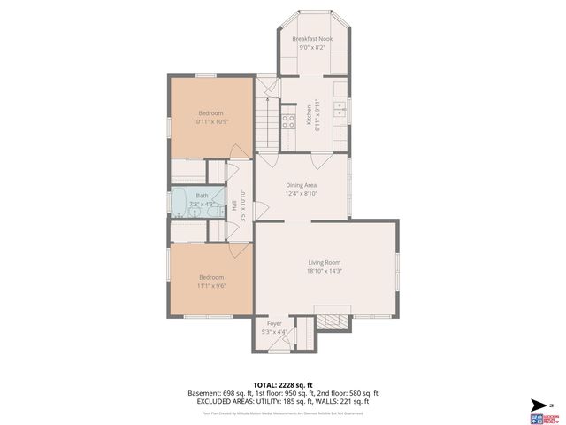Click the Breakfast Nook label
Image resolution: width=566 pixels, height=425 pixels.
click(x=312, y=39)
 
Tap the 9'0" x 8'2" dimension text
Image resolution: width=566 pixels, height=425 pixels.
click(x=312, y=49)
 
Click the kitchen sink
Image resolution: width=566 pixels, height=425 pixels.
click(x=339, y=109)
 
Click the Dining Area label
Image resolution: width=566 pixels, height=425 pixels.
click(x=301, y=184)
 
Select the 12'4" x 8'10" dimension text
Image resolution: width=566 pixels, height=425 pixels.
click(x=301, y=193)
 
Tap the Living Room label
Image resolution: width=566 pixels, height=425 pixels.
click(x=325, y=262)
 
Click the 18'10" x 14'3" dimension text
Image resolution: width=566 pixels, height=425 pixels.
click(x=325, y=272)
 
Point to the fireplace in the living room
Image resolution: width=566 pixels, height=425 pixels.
click(x=333, y=320)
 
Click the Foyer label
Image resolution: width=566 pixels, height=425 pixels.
click(x=275, y=324)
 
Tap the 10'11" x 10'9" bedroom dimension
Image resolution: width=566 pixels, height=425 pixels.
click(x=210, y=121)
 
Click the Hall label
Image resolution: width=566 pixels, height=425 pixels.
click(x=233, y=204)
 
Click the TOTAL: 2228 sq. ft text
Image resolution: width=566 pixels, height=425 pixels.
click(x=282, y=383)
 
